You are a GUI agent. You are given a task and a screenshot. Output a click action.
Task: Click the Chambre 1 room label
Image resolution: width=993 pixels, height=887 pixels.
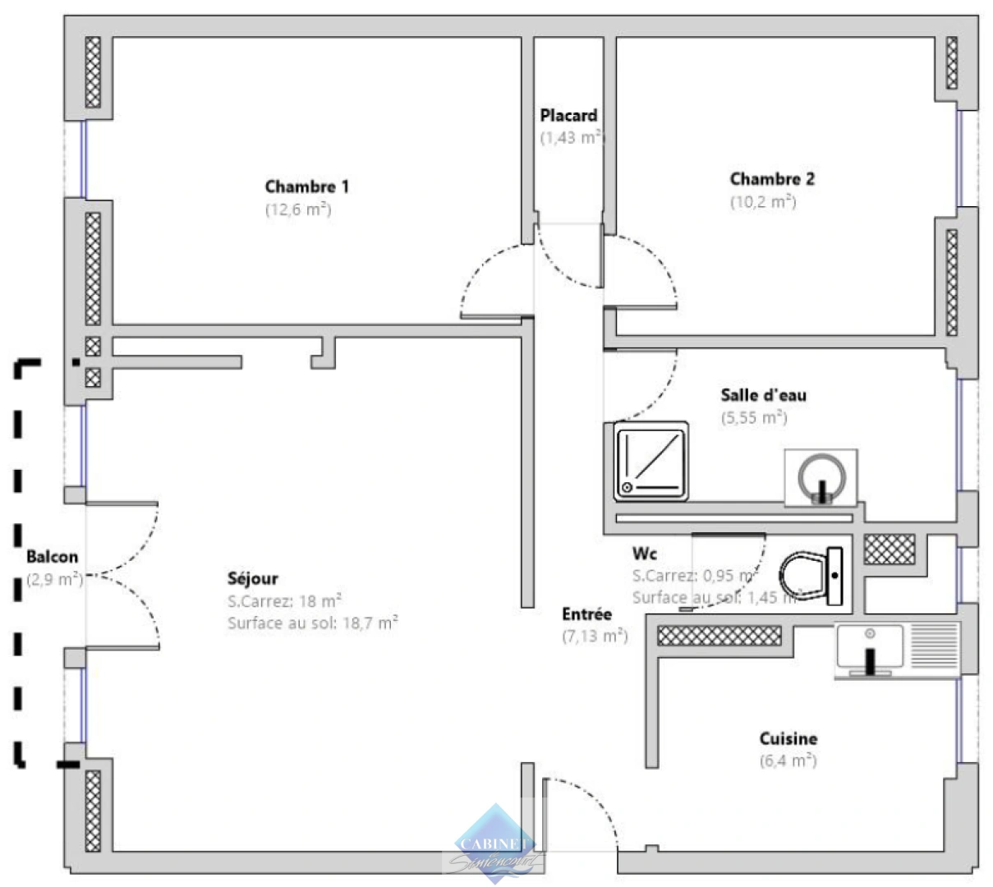pyautogui.click(x=306, y=186)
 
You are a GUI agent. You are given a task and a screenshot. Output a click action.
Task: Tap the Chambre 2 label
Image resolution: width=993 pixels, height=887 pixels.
pyautogui.click(x=772, y=179)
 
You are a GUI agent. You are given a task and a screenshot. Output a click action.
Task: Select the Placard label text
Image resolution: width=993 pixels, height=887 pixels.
pyautogui.click(x=568, y=116)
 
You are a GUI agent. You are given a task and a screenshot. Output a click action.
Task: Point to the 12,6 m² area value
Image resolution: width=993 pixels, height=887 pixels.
pyautogui.click(x=297, y=209)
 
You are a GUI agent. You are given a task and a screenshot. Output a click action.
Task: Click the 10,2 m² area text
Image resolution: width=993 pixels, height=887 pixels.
pyautogui.click(x=763, y=201)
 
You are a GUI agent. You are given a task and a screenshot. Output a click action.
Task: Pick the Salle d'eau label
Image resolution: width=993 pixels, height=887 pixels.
pyautogui.click(x=763, y=395)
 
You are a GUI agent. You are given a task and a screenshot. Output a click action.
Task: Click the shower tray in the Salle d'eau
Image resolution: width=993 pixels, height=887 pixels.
pyautogui.click(x=651, y=461)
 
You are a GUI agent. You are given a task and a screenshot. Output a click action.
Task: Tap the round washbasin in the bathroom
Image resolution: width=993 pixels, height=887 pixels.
pyautogui.click(x=820, y=477)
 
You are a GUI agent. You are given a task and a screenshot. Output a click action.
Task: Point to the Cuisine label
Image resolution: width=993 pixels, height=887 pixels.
pyautogui.click(x=788, y=739)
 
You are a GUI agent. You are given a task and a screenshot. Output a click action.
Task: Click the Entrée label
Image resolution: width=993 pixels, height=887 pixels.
pyautogui.click(x=586, y=614)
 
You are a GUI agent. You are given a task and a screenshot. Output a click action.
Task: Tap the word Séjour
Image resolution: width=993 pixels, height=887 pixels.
pyautogui.click(x=252, y=578)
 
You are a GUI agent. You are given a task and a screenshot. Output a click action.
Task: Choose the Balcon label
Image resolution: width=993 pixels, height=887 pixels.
pyautogui.click(x=52, y=558)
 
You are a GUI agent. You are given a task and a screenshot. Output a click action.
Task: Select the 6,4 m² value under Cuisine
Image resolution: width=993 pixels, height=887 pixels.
pyautogui.click(x=788, y=761)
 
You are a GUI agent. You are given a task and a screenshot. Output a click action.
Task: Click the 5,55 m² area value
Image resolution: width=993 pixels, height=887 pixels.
pyautogui.click(x=753, y=417)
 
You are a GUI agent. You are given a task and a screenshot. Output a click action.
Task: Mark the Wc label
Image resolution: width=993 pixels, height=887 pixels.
pyautogui.click(x=644, y=554)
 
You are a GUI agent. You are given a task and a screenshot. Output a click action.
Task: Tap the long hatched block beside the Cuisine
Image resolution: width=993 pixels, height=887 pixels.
pyautogui.click(x=719, y=635)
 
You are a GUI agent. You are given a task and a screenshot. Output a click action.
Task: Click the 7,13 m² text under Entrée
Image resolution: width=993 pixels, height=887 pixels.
pyautogui.click(x=595, y=636)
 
